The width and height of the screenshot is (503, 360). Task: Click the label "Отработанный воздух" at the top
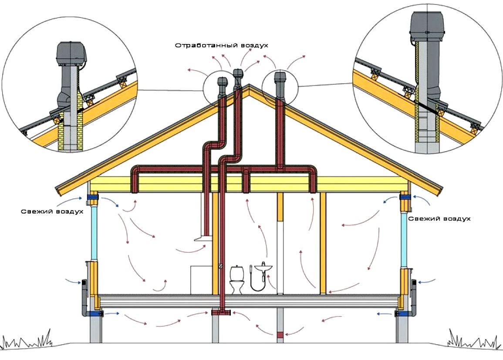221,45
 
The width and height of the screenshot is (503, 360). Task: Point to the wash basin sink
263,268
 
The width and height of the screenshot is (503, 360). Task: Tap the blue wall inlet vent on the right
405,198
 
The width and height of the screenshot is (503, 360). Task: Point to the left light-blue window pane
95,233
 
